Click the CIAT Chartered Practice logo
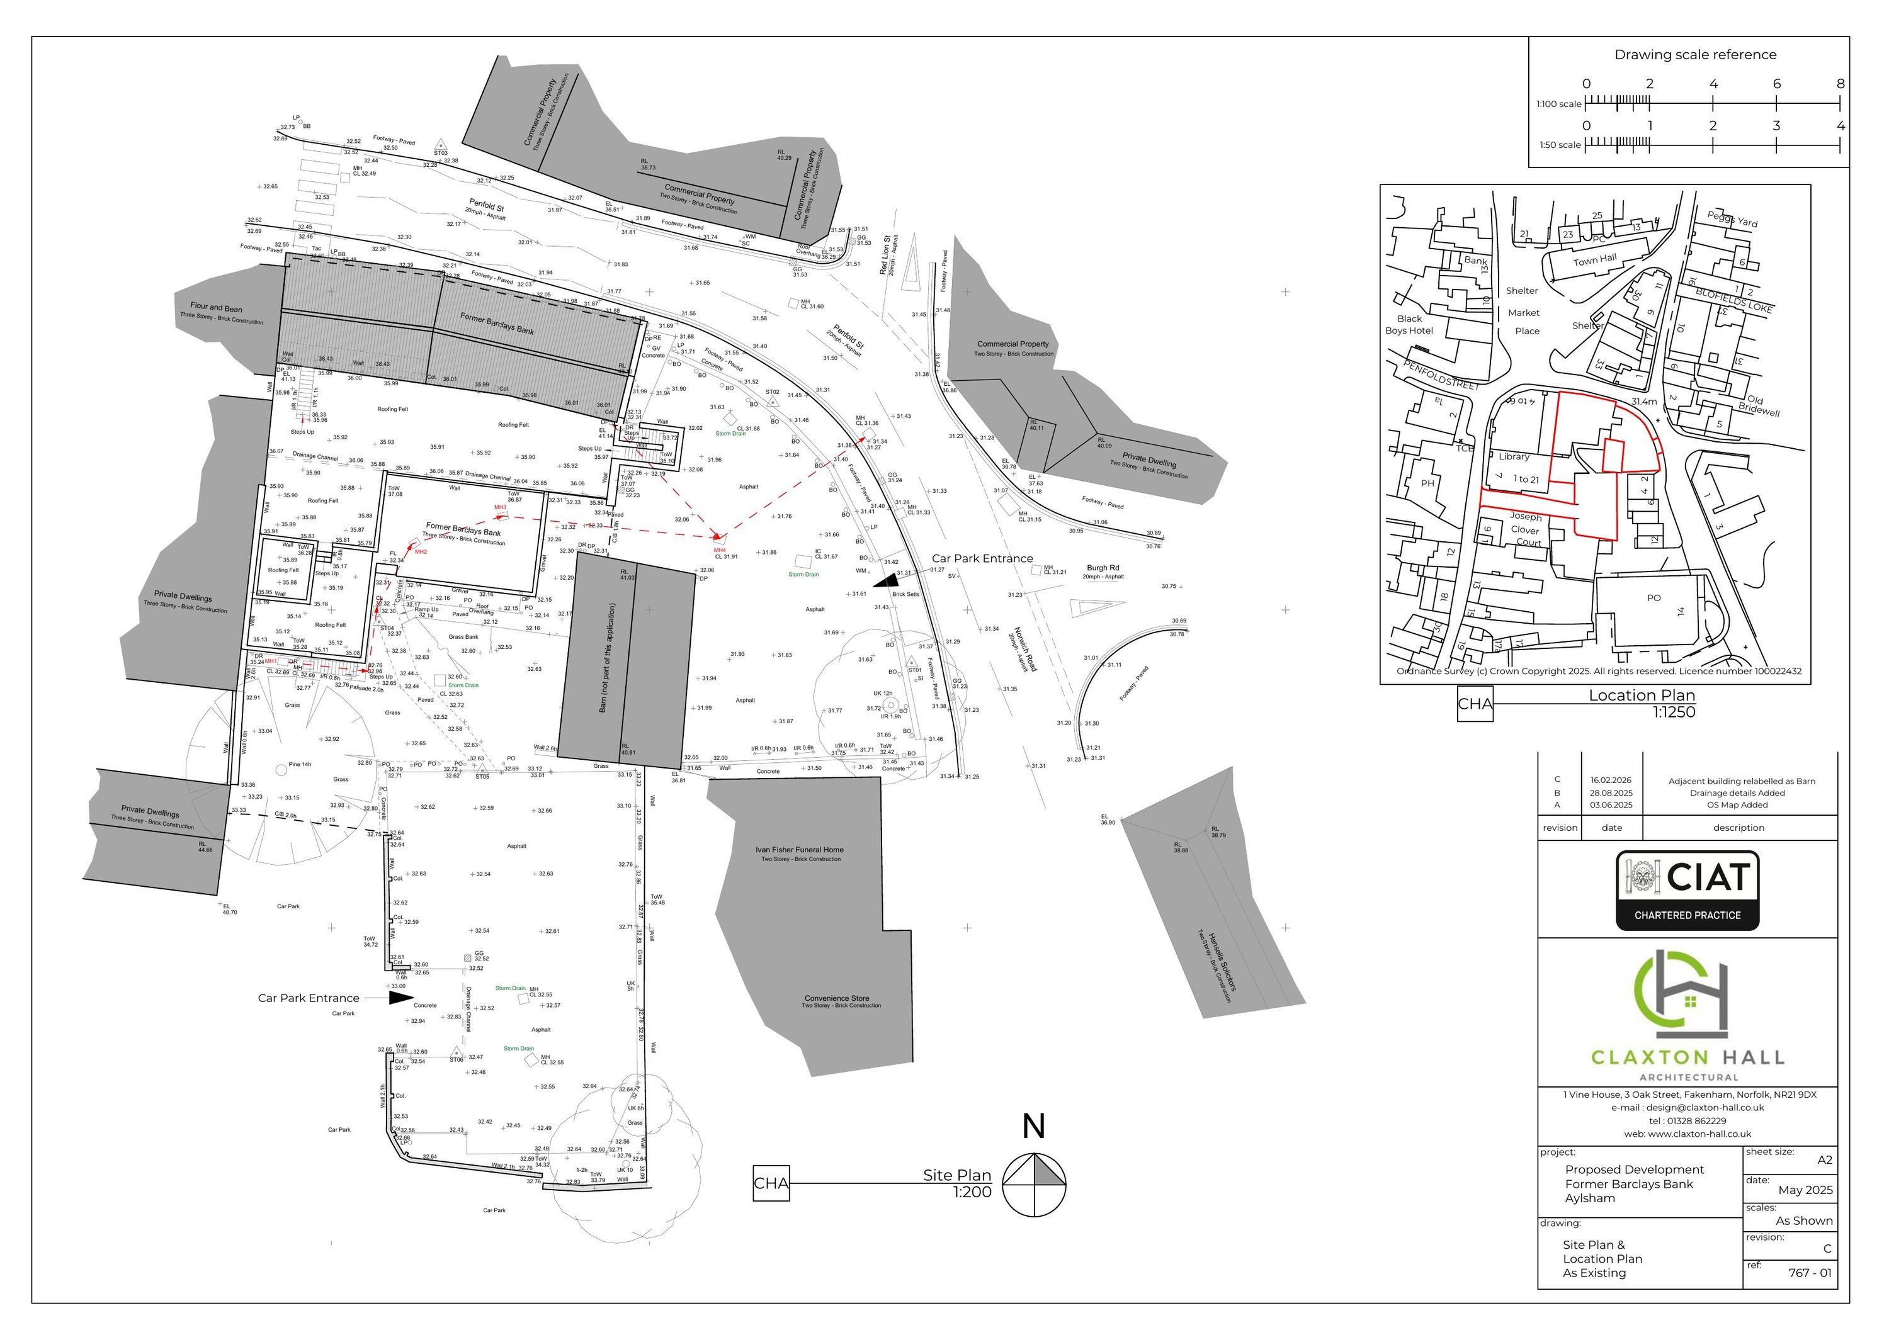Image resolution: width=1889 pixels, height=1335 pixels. tap(1687, 891)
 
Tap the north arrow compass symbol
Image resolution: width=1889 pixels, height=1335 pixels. tap(1034, 1185)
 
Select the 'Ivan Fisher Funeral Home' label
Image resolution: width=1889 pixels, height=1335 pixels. tap(800, 850)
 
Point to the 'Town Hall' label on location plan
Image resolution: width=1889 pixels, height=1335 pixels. tap(1594, 260)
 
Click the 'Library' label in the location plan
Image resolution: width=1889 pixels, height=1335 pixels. tap(1514, 456)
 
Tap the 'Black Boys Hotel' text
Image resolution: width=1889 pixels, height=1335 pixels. tap(1409, 325)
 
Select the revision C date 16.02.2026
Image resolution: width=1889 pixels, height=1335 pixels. tap(1610, 780)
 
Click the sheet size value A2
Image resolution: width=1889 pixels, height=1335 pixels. tap(1824, 1161)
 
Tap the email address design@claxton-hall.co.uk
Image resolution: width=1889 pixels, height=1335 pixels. tap(1688, 1107)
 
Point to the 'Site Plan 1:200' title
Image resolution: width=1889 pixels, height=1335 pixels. tap(957, 1183)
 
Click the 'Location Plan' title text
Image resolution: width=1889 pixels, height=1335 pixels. tap(1642, 695)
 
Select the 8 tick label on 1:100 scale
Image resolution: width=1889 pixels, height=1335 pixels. tap(1840, 84)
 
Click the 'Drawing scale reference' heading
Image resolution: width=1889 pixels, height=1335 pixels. tap(1695, 55)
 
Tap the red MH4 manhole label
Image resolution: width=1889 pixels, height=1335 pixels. tap(719, 549)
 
